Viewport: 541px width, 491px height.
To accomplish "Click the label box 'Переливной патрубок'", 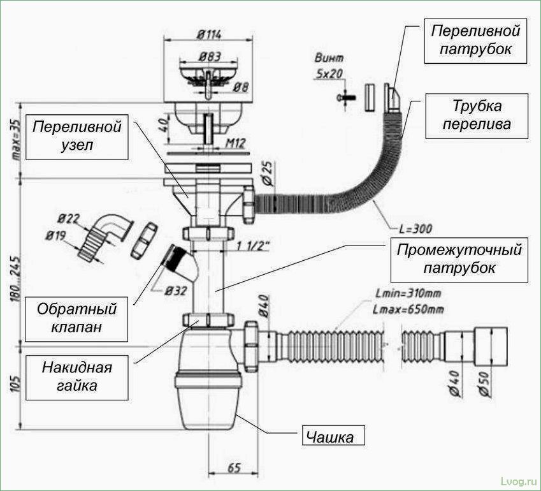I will click(x=475, y=40).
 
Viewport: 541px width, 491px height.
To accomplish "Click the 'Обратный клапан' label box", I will click(x=76, y=318).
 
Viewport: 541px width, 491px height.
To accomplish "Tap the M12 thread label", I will click(x=236, y=144).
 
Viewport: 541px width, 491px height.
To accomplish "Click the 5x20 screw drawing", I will click(x=344, y=98).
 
